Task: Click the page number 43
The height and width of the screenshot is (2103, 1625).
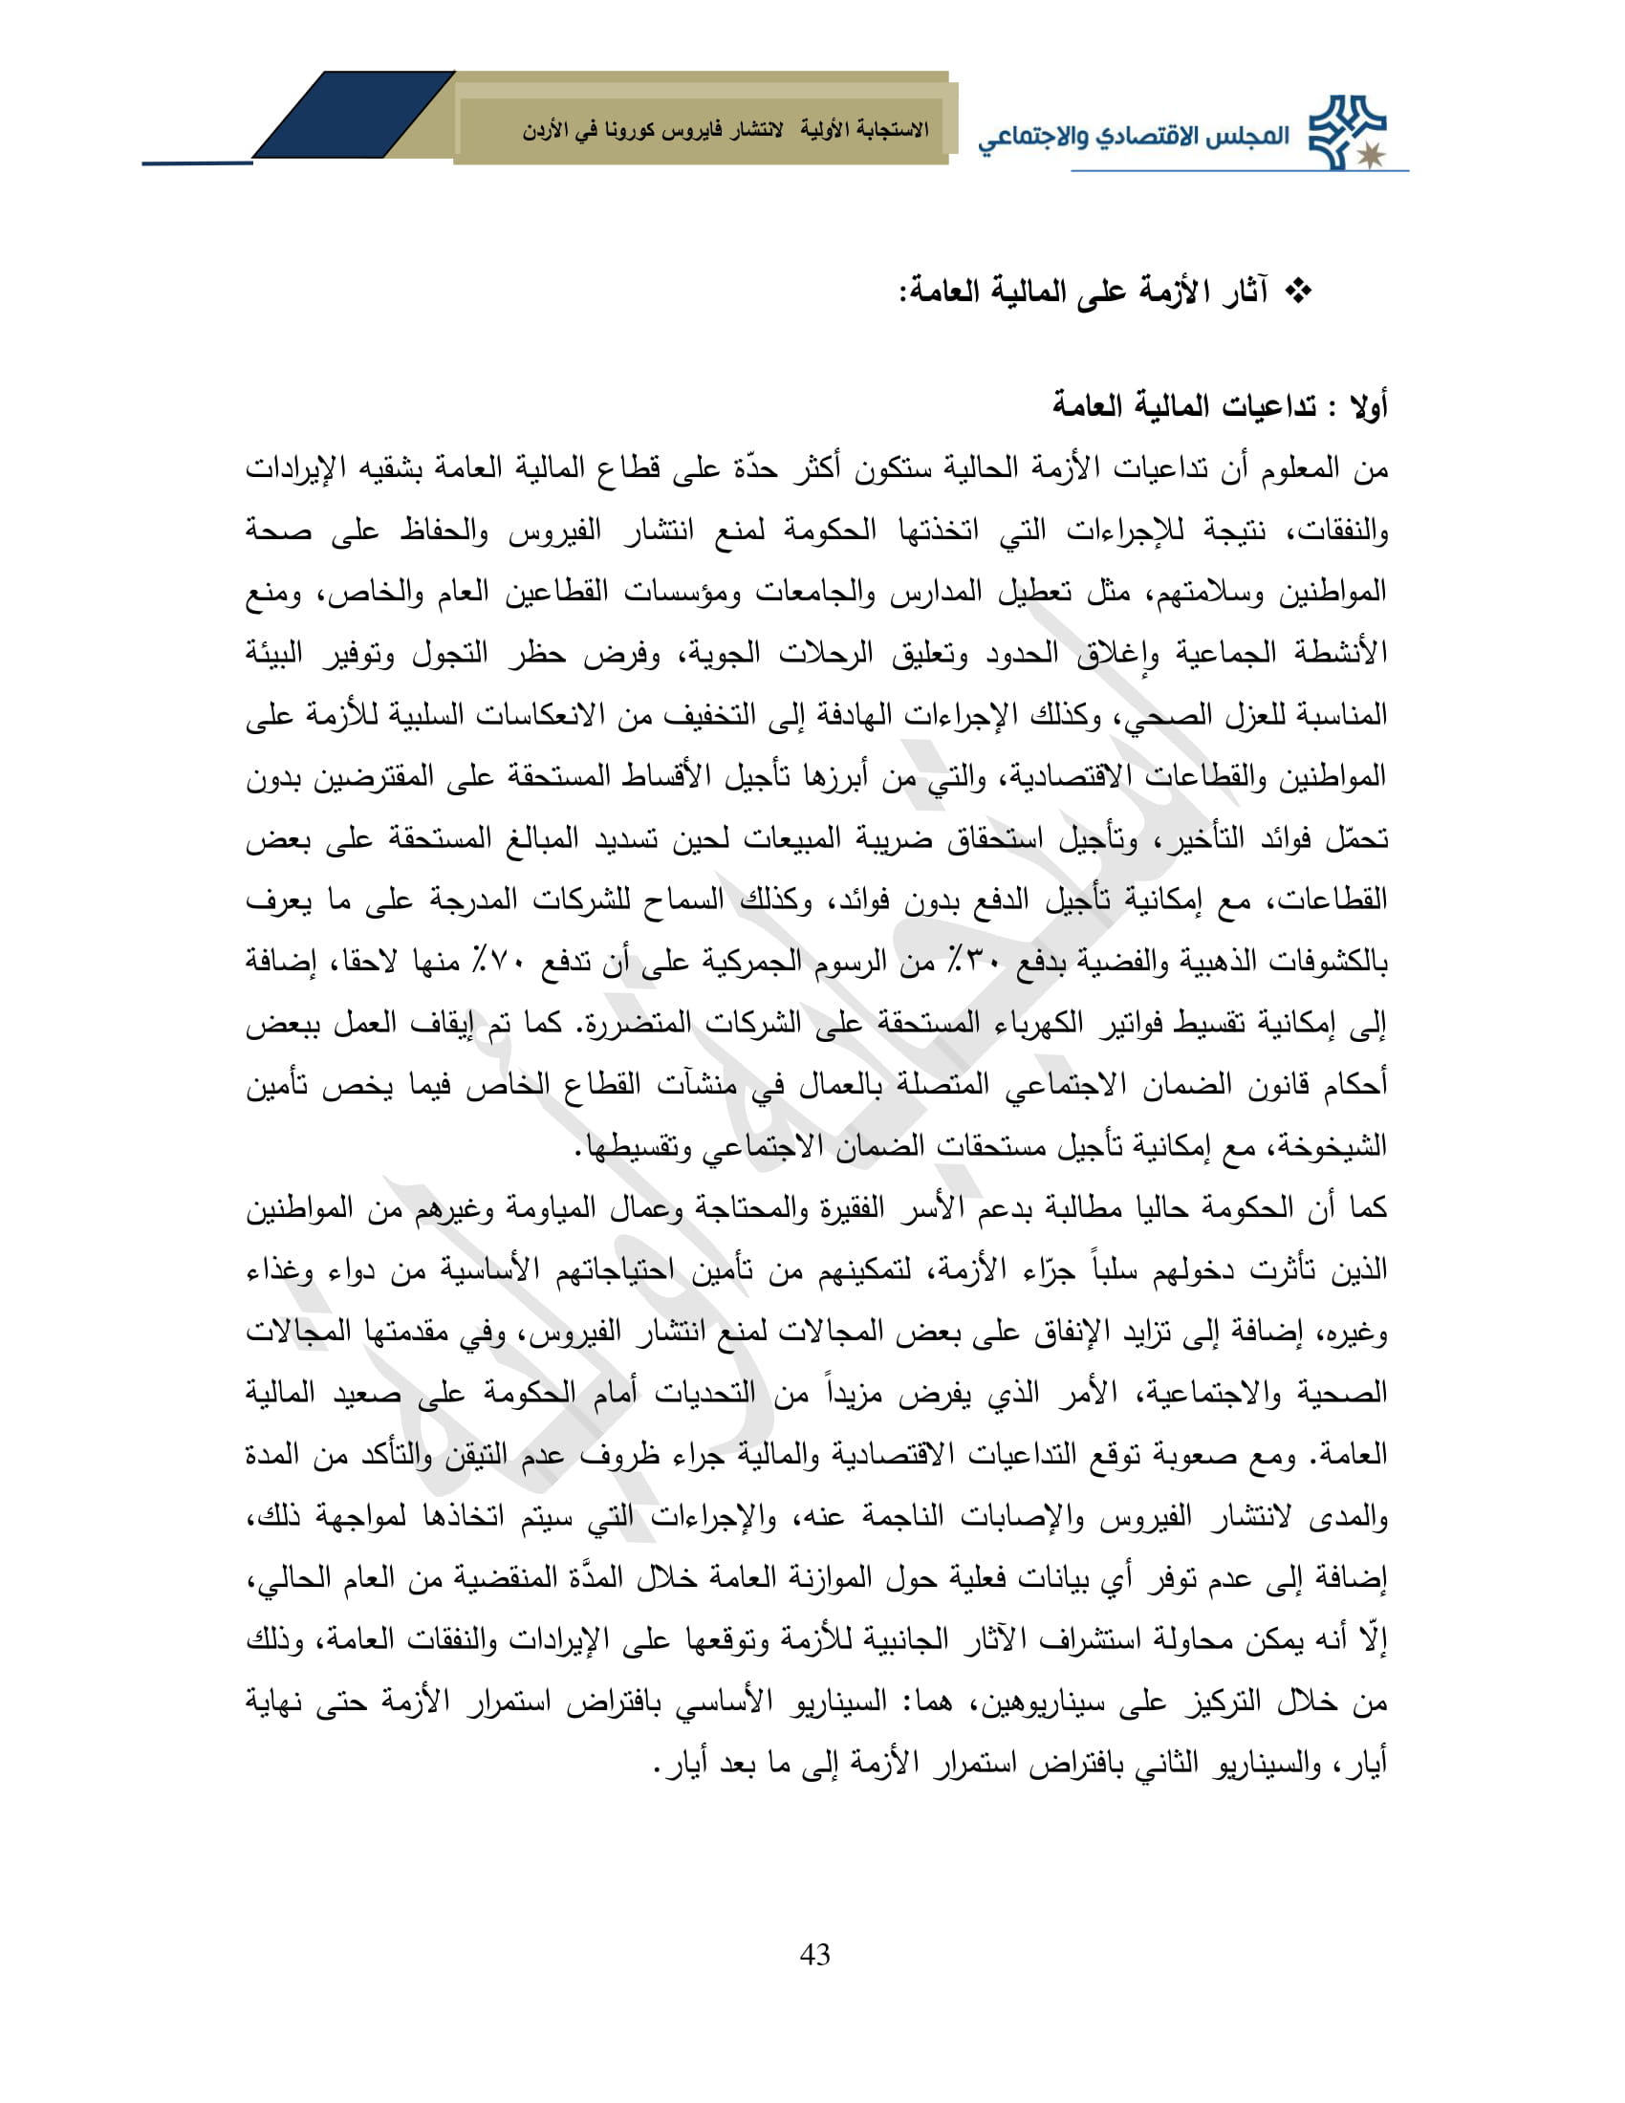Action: pyautogui.click(x=814, y=1955)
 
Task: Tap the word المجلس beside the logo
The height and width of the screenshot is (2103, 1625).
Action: pyautogui.click(x=1249, y=135)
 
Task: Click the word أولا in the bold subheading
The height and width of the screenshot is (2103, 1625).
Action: pyautogui.click(x=1366, y=407)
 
